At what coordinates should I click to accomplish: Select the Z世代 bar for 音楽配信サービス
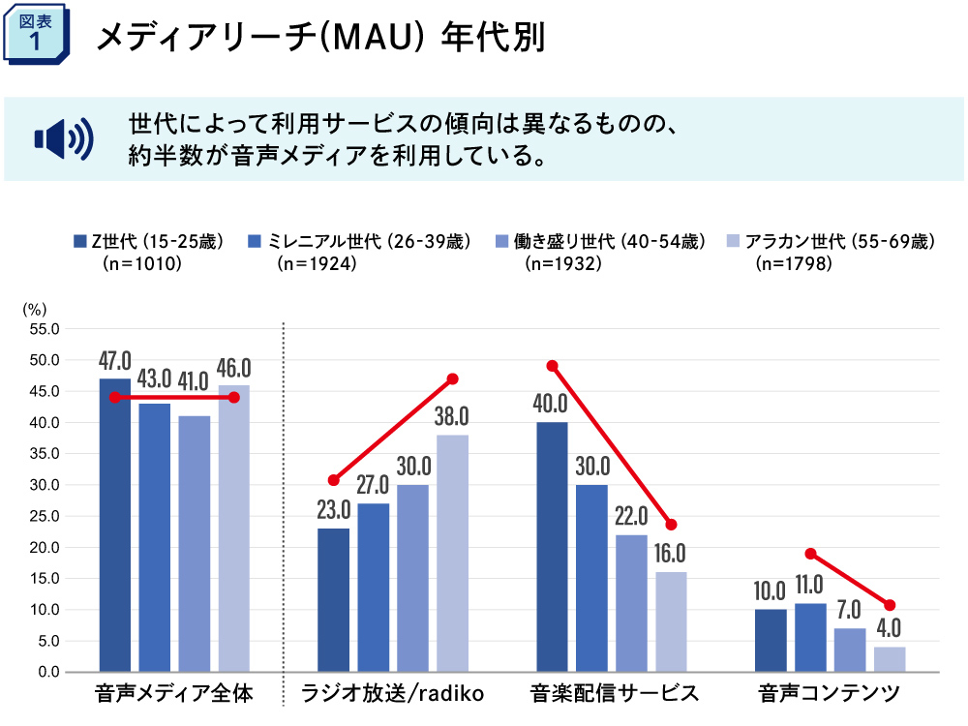[552, 547]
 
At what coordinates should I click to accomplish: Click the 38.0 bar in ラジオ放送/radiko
[452, 553]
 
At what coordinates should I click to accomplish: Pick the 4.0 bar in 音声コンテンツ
[890, 658]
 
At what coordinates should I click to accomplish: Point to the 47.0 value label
[115, 361]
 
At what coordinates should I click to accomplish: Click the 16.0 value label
[670, 554]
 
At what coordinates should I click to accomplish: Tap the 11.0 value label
[809, 585]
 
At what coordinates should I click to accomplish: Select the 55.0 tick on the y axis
[45, 329]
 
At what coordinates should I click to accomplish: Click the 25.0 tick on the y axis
[45, 516]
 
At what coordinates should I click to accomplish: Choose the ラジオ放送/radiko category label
[392, 694]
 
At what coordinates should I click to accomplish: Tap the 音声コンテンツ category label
[830, 694]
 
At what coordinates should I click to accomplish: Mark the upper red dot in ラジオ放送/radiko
[452, 378]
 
